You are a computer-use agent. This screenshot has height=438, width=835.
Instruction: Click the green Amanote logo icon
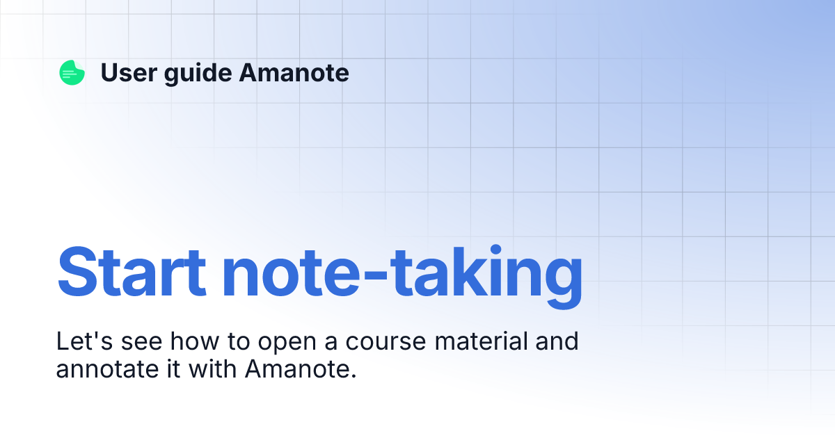point(72,73)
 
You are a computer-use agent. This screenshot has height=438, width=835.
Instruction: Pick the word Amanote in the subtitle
point(296,368)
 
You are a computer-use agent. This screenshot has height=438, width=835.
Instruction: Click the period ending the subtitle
point(353,375)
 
